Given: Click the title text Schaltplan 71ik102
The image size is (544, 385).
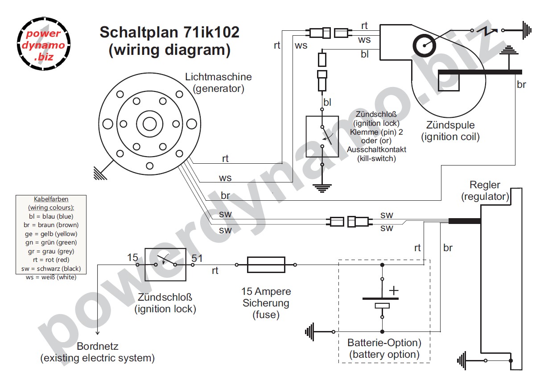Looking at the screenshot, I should tap(169, 33).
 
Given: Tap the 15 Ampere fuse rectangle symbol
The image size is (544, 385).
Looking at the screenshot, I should tap(266, 265).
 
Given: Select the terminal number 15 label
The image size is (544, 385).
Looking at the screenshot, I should tap(132, 257).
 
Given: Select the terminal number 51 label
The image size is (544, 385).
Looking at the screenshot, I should tap(197, 257).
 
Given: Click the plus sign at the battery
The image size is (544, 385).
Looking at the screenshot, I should tap(394, 290).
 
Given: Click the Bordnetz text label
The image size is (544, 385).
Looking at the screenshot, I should tap(97, 346).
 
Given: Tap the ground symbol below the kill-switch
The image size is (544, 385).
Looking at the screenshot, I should tap(322, 187).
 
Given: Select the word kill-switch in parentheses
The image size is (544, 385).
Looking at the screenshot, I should tap(377, 158).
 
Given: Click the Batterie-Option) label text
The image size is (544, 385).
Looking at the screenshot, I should tap(384, 343).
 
